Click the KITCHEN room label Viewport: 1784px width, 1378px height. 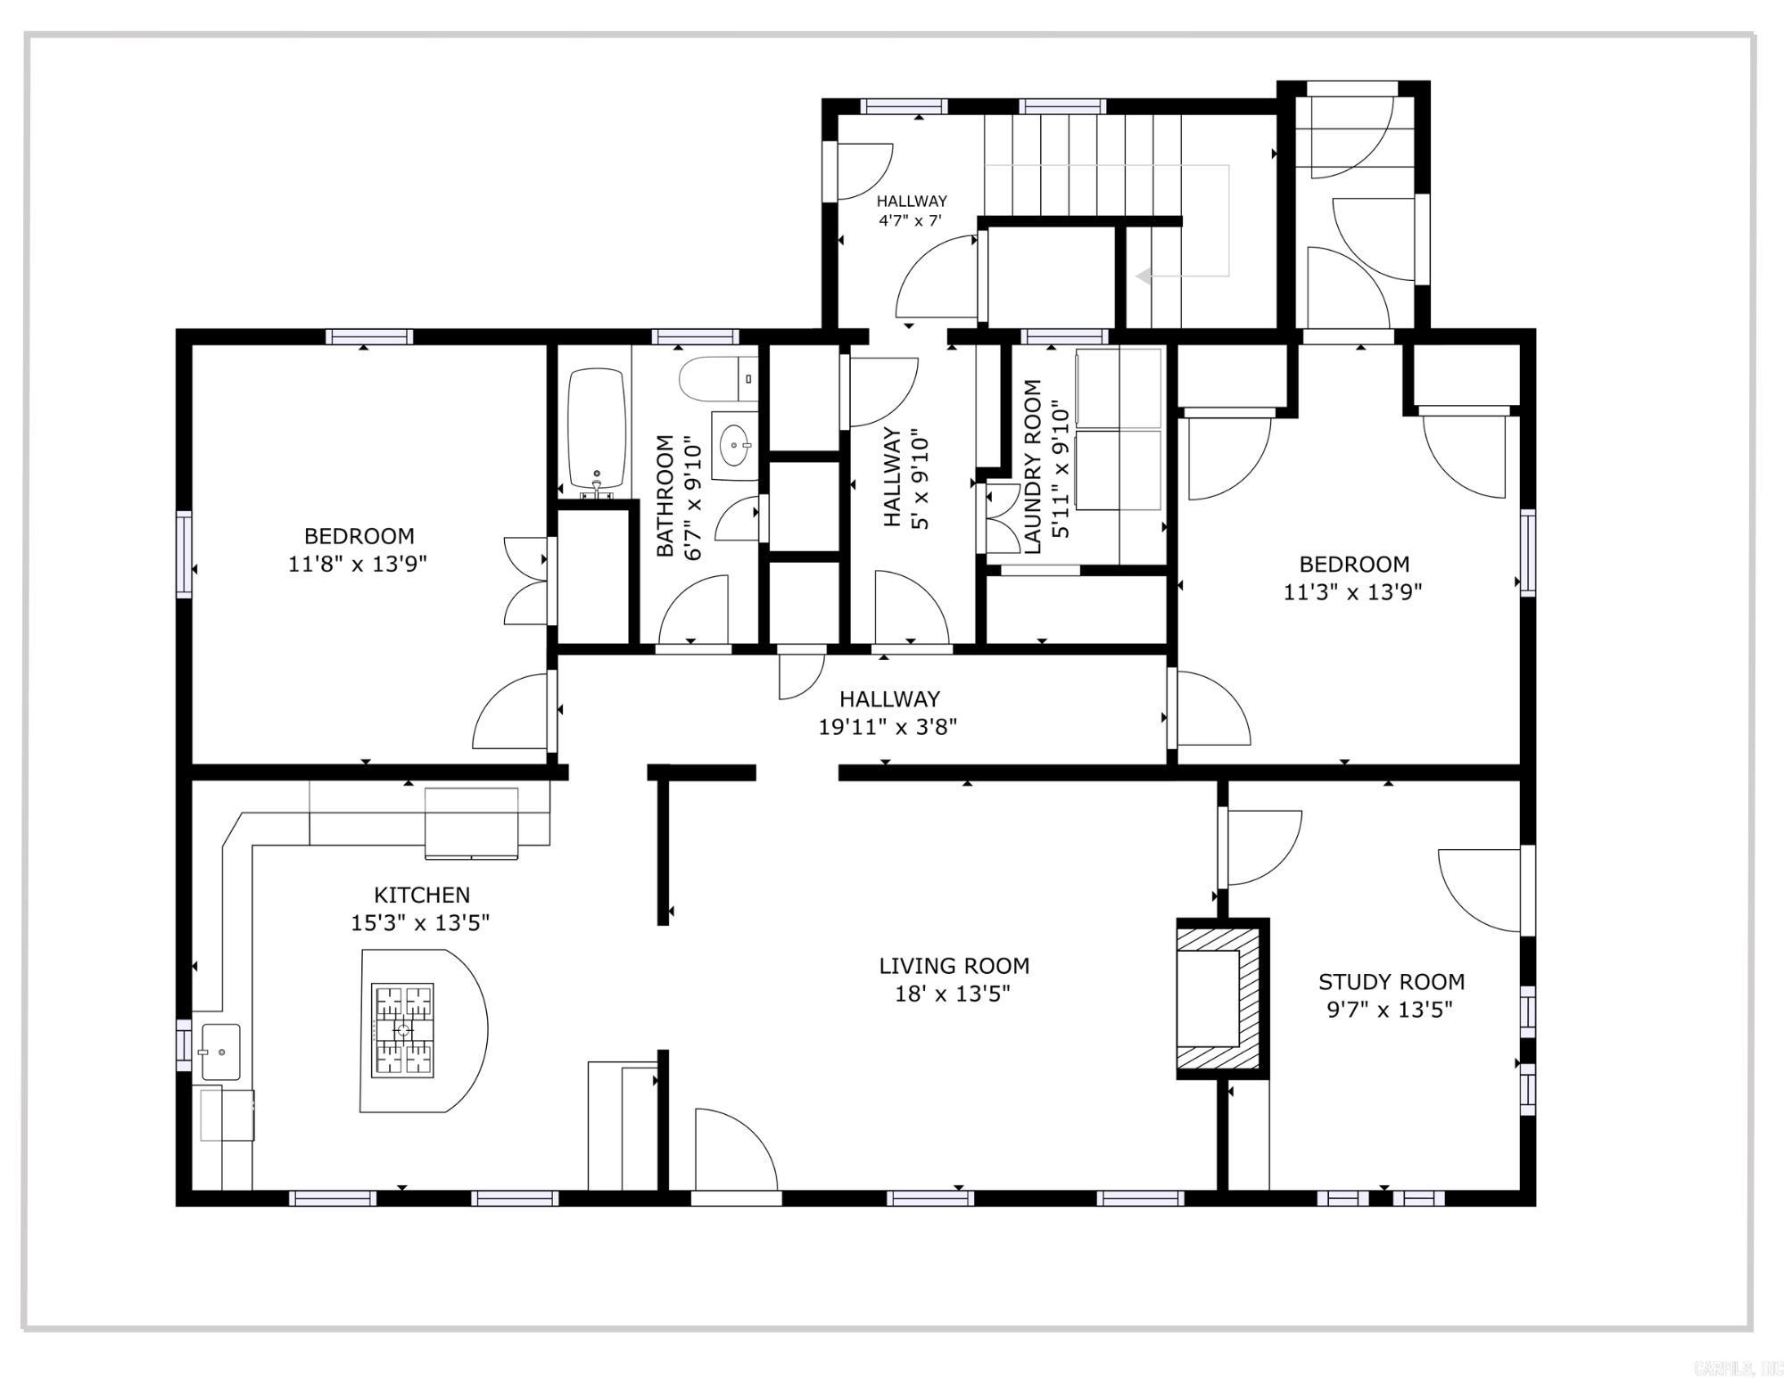[421, 895]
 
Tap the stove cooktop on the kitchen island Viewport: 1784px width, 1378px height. [402, 1030]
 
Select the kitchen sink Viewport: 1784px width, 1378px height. [219, 1052]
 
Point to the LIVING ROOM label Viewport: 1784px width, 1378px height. [954, 966]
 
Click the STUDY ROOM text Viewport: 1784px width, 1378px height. [1391, 982]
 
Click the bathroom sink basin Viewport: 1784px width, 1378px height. [735, 444]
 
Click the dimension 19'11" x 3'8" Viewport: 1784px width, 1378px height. [888, 727]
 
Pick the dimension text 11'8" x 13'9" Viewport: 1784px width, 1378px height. [357, 564]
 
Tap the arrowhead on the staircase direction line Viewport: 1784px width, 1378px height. [1143, 276]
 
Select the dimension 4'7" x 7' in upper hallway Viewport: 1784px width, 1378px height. [910, 220]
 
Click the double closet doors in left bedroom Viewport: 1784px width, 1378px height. [525, 581]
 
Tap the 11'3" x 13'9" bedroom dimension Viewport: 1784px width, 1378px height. [1351, 591]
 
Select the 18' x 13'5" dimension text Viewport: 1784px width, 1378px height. [952, 994]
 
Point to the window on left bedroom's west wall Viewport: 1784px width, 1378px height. [184, 553]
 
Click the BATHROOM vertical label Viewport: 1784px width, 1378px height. [665, 496]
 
